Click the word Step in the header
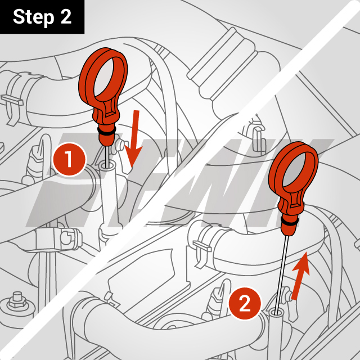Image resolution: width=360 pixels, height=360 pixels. (x=33, y=17)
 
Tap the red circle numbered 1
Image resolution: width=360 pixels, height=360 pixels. (x=69, y=160)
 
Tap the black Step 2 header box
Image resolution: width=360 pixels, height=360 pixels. (x=42, y=17)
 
